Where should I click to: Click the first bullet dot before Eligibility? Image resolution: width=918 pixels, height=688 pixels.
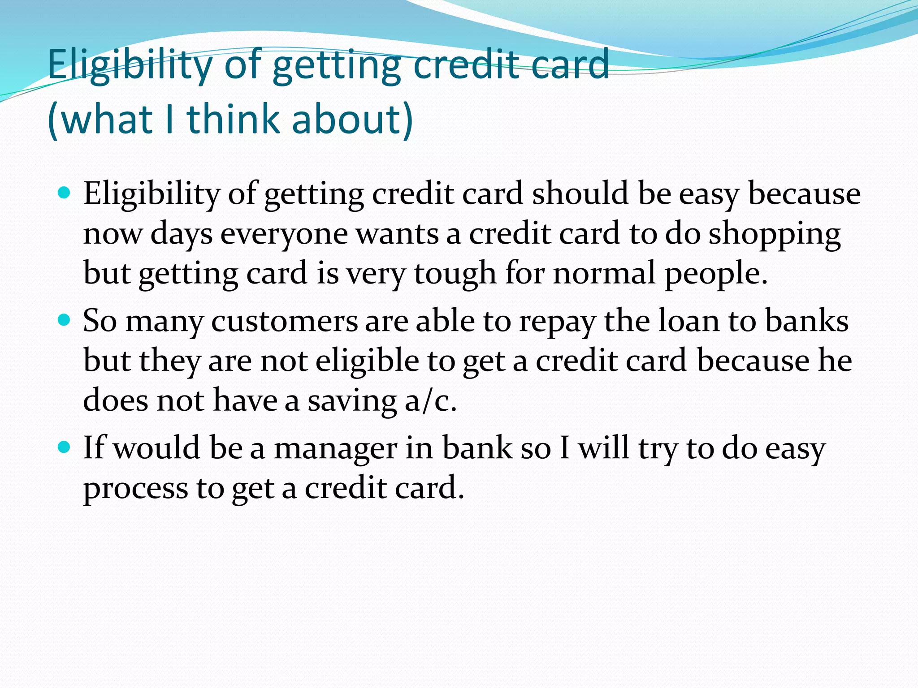(65, 193)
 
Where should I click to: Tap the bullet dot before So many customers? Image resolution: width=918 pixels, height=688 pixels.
(65, 321)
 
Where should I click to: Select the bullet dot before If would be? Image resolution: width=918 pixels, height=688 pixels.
(65, 447)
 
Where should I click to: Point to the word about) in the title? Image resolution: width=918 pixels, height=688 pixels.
(352, 119)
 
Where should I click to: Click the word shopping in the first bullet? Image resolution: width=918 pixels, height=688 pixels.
(774, 235)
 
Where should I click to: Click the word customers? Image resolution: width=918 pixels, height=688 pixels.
(285, 322)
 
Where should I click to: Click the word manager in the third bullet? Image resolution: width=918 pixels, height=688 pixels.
(335, 449)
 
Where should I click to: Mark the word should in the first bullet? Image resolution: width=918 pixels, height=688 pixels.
(580, 193)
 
